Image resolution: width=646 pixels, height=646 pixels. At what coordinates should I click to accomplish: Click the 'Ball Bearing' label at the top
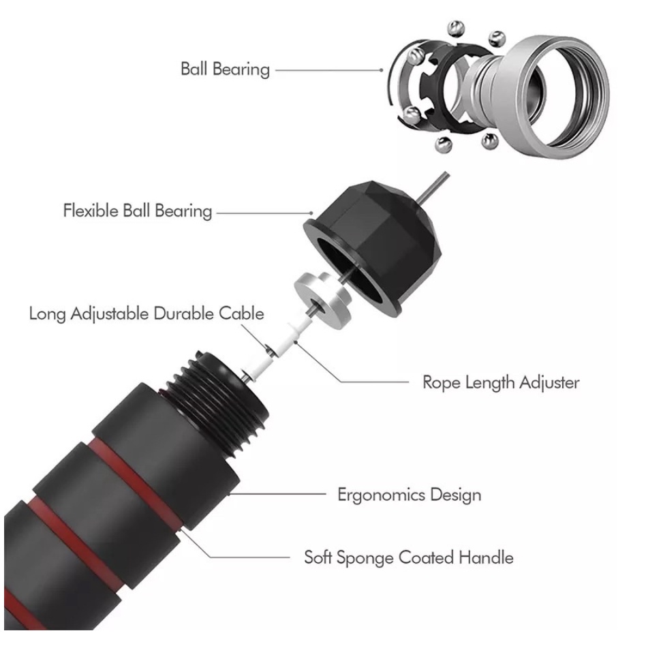tap(225, 70)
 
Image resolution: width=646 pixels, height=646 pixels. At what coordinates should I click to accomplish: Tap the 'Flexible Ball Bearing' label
tap(138, 211)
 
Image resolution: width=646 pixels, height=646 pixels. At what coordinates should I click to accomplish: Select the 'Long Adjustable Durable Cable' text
tap(147, 314)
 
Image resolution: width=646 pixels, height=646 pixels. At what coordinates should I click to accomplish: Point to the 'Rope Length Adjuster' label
tap(501, 383)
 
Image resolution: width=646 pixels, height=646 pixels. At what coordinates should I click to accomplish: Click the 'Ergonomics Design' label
tap(409, 495)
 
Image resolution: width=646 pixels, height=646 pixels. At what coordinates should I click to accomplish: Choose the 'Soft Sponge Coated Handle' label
tap(409, 558)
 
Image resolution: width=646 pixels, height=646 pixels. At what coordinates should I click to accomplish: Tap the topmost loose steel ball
tap(456, 29)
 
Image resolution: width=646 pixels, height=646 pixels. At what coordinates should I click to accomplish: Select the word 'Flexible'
tap(91, 211)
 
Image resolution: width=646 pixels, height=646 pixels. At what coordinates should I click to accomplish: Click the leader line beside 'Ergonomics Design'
tap(278, 493)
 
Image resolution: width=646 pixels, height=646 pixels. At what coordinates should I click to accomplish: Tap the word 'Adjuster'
tap(549, 383)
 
